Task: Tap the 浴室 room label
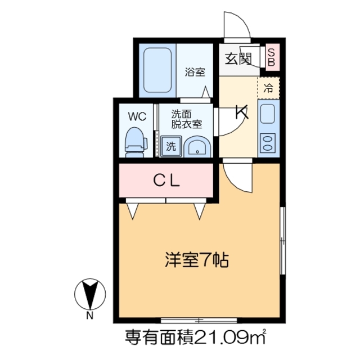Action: pyautogui.click(x=195, y=72)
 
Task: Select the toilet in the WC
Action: pyautogui.click(x=134, y=142)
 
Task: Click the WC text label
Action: pyautogui.click(x=137, y=116)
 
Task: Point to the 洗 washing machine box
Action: pyautogui.click(x=170, y=146)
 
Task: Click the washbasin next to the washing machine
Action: pyautogui.click(x=196, y=147)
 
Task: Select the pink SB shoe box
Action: pyautogui.click(x=271, y=56)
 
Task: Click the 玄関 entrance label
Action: pyautogui.click(x=238, y=58)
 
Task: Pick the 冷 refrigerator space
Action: pyautogui.click(x=269, y=87)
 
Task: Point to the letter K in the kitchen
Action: pyautogui.click(x=242, y=112)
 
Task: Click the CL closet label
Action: pyautogui.click(x=167, y=181)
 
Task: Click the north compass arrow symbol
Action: pyautogui.click(x=89, y=293)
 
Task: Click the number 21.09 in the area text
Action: pyautogui.click(x=219, y=337)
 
